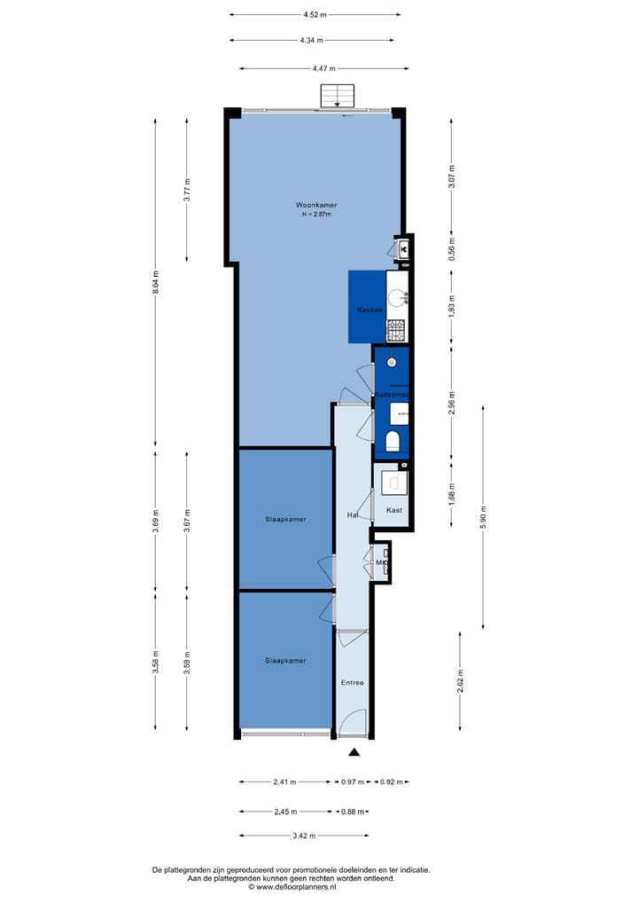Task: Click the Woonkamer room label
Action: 316,205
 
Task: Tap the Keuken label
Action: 370,310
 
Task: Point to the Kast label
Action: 395,510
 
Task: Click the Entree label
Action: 353,682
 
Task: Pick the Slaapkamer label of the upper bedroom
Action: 285,519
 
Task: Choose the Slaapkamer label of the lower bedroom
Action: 285,661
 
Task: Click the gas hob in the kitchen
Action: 396,330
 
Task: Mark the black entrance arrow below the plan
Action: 354,752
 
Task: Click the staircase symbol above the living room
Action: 337,95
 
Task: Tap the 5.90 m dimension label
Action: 483,516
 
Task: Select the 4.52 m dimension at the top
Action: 315,14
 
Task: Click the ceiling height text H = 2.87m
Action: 317,215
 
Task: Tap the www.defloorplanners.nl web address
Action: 296,886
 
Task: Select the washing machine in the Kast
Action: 394,482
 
